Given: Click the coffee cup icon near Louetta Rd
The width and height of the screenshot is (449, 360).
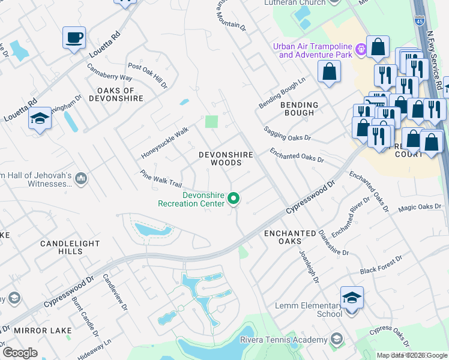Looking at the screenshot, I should pos(74,38).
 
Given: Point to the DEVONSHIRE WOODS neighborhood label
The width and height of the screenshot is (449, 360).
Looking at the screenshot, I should pos(226,158).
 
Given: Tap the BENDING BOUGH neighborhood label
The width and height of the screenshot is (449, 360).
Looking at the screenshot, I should pos(298,109).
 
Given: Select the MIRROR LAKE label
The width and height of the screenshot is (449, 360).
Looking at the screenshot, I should pos(47,331).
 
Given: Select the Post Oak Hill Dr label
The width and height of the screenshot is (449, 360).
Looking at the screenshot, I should pos(147,76).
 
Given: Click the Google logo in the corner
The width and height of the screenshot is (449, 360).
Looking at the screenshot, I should pos(19,352).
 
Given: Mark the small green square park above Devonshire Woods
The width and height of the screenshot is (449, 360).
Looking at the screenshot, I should pos(211,122).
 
